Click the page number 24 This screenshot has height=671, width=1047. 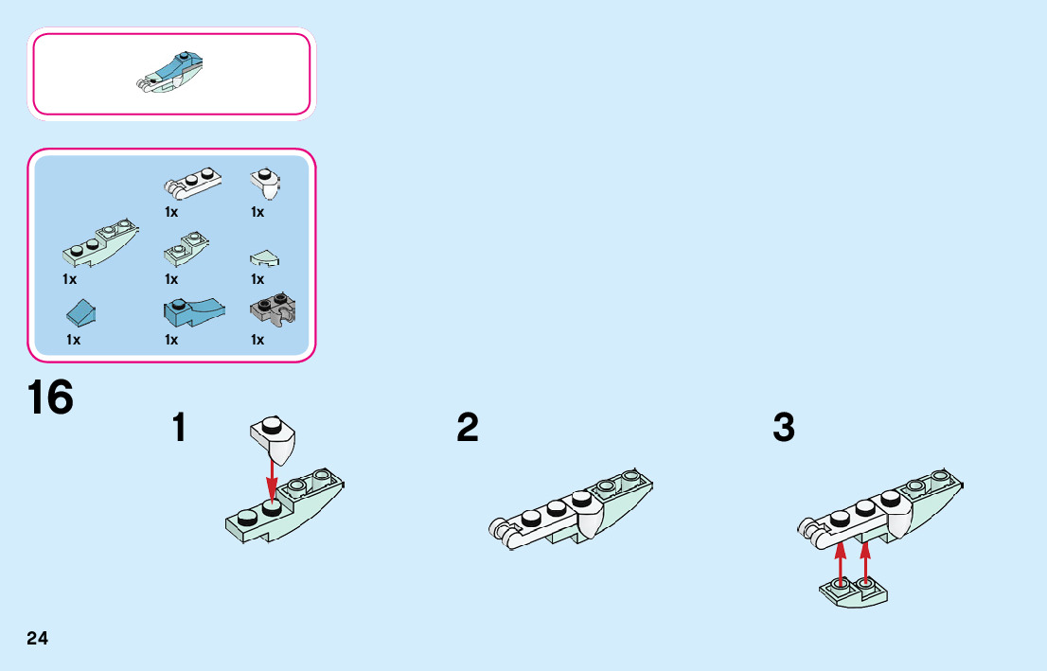(38, 638)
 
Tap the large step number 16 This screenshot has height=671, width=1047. (51, 397)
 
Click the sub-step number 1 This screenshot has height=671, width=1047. (179, 428)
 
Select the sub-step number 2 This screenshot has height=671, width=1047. (468, 428)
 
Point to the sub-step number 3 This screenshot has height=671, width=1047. (784, 428)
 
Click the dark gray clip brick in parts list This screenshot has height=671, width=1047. (273, 309)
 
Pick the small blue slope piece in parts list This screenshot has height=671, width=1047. (80, 312)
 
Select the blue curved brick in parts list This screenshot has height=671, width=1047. (194, 311)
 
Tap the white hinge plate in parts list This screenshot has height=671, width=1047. (192, 183)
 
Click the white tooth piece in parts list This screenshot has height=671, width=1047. (265, 184)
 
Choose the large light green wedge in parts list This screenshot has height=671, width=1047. (100, 241)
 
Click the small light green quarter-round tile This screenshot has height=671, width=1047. (264, 258)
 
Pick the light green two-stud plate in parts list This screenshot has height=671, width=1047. (186, 250)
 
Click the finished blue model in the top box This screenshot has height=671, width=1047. (170, 72)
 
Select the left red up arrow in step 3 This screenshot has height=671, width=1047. (841, 565)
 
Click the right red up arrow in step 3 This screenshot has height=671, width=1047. (865, 565)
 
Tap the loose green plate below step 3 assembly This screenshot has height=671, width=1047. (854, 592)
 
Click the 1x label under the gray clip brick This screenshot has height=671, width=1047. (257, 340)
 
